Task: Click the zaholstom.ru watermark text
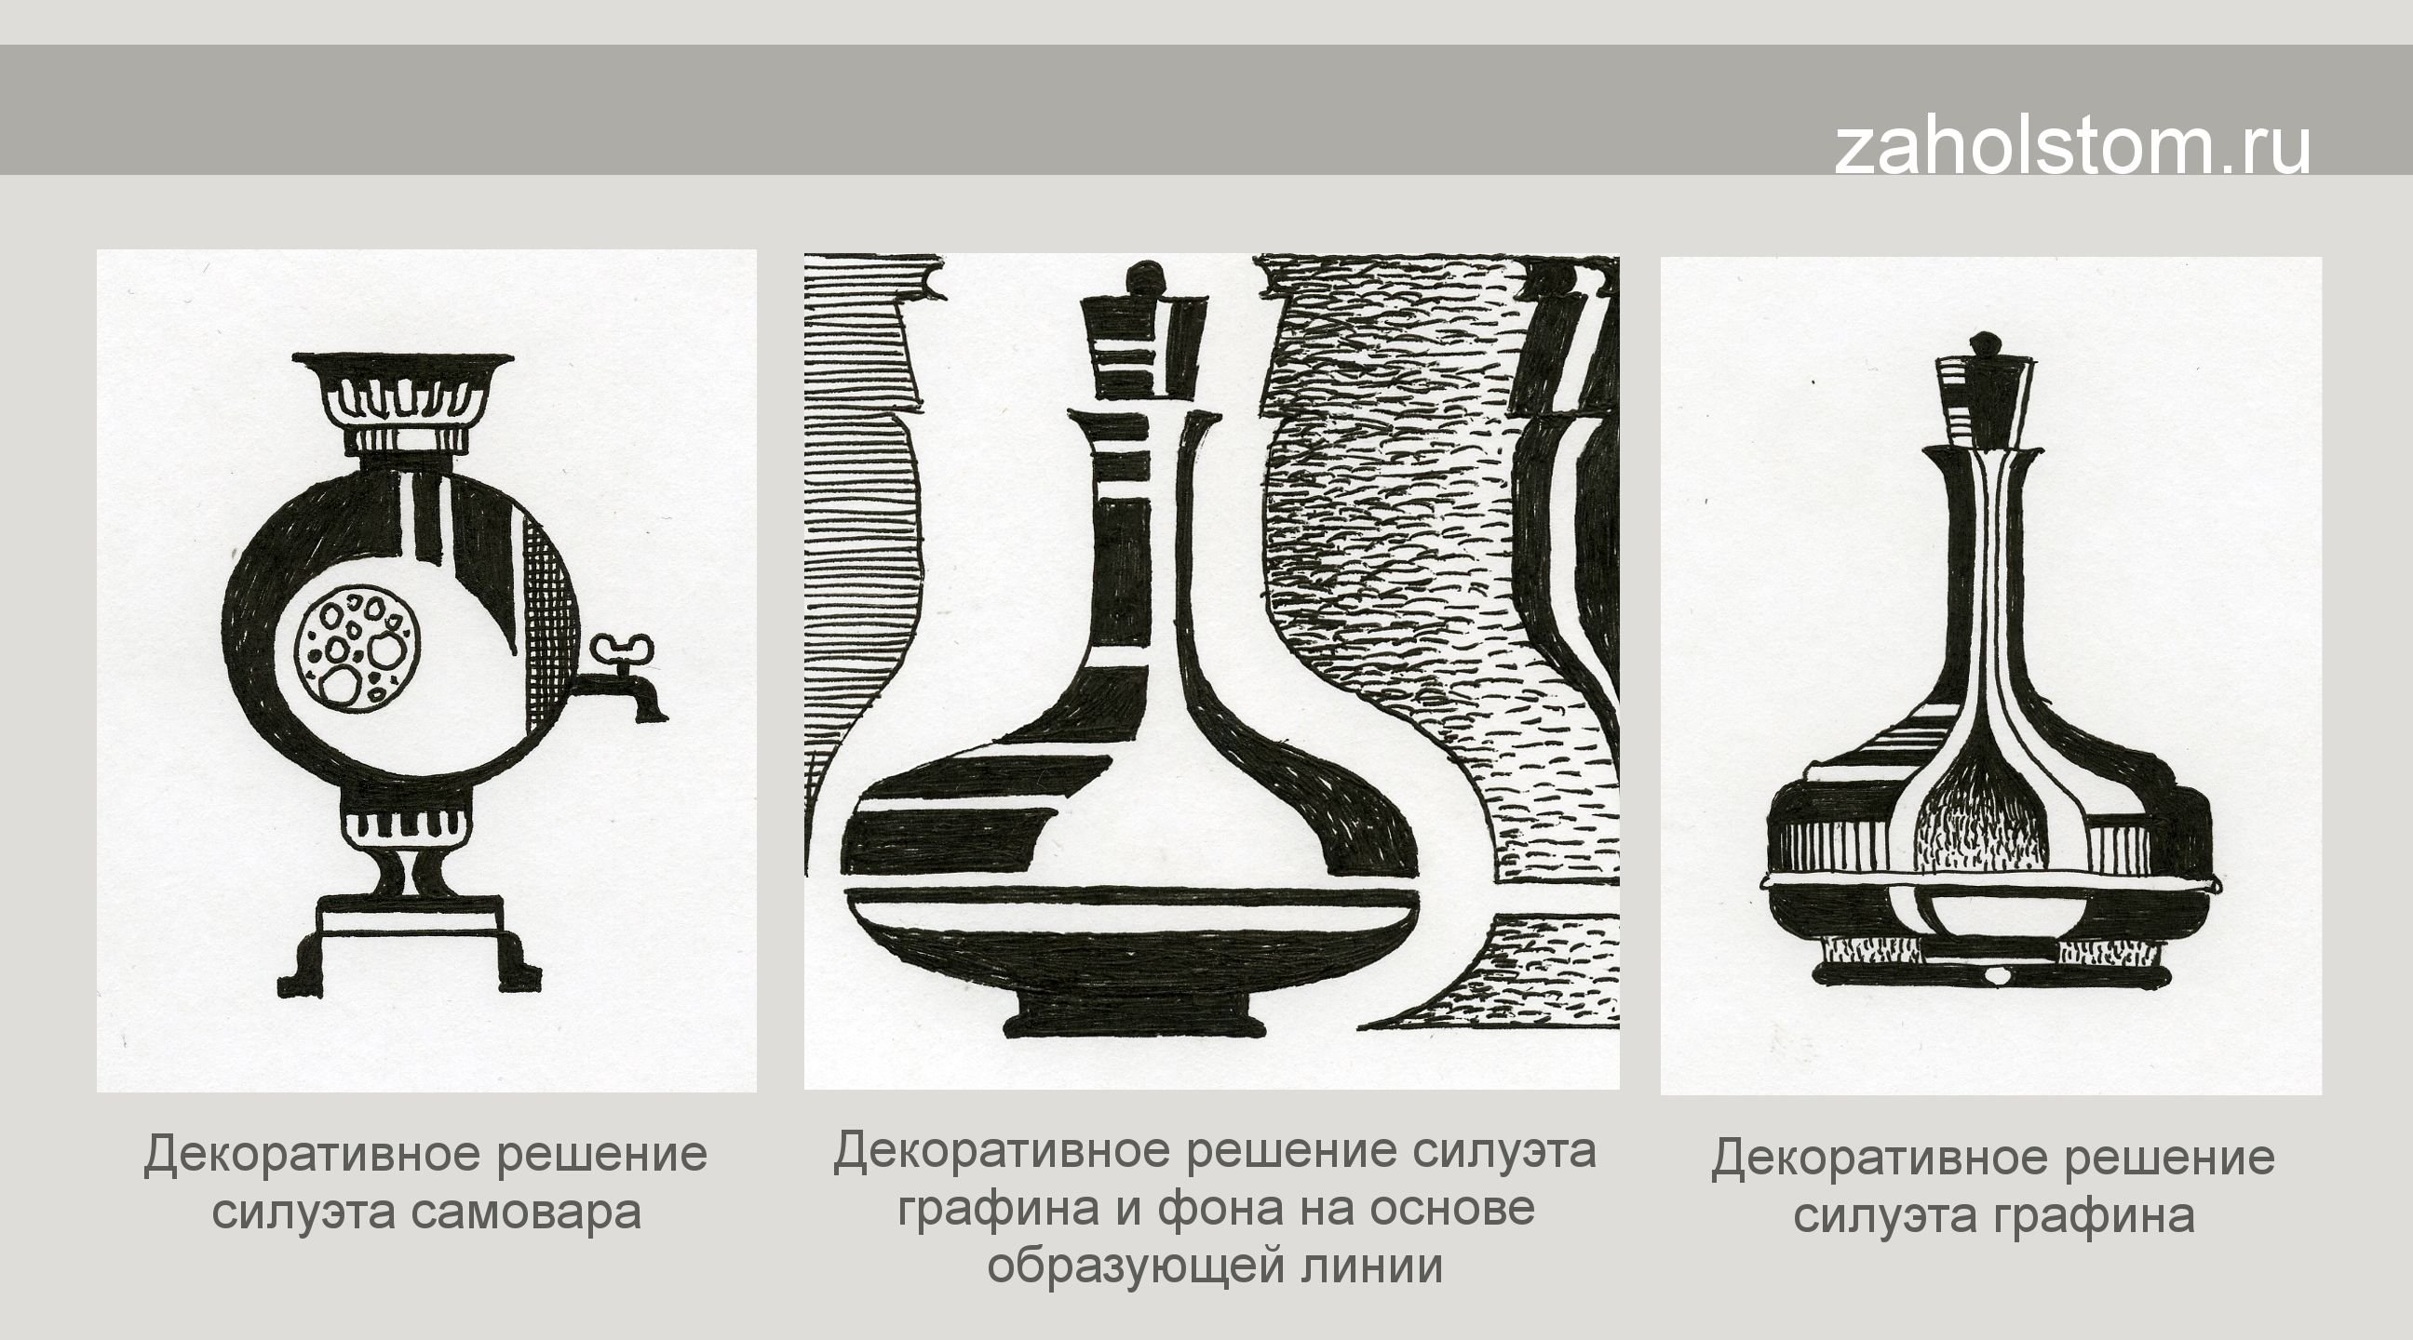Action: pyautogui.click(x=2071, y=147)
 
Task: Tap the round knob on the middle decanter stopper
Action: pyautogui.click(x=1141, y=278)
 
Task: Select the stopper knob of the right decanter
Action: pyautogui.click(x=1983, y=343)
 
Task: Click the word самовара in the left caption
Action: pyautogui.click(x=525, y=1213)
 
